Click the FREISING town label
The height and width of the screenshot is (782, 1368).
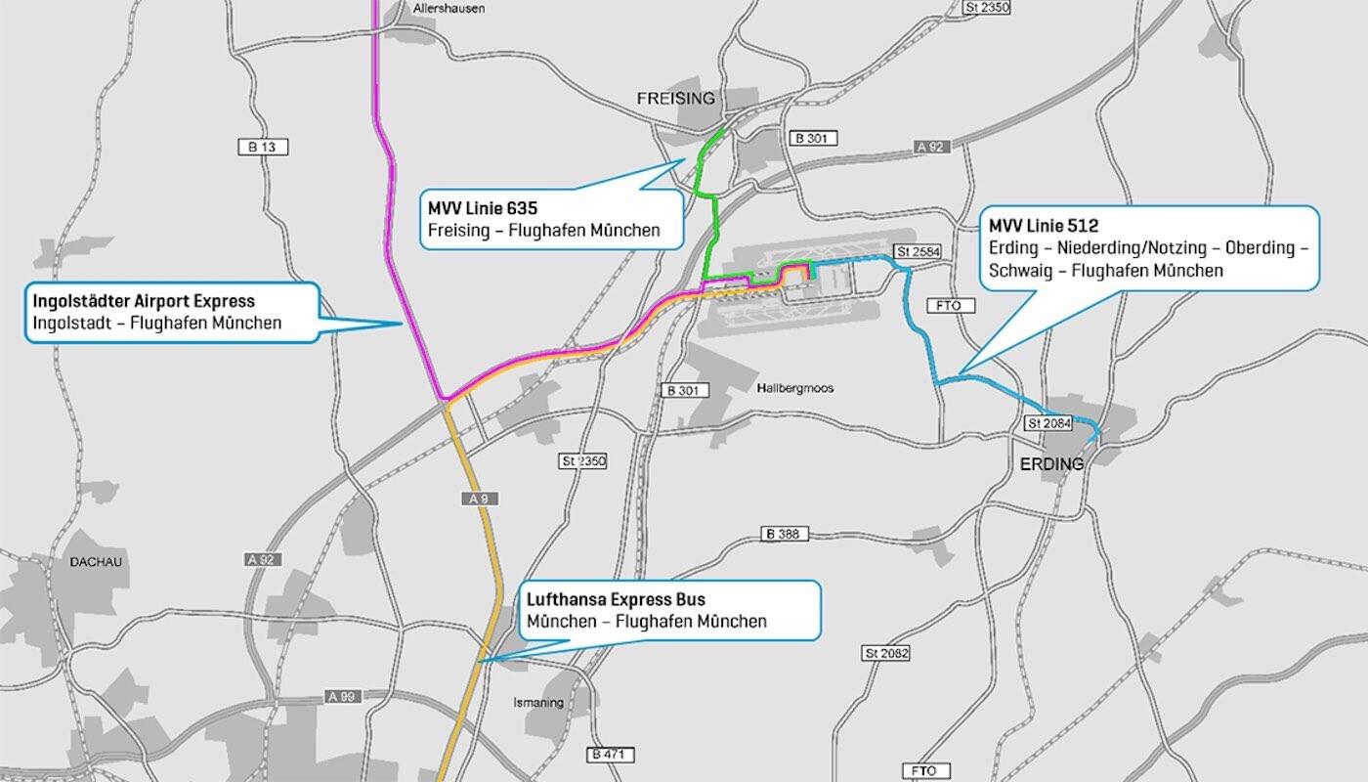coord(675,99)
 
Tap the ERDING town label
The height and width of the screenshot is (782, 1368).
coord(1051,463)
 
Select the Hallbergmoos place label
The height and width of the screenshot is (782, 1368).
coord(794,388)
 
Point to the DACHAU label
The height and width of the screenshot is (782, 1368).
coord(96,562)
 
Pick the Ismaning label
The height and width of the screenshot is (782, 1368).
coord(538,702)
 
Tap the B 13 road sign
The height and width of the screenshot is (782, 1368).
coord(262,147)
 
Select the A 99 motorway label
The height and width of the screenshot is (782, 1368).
coord(343,697)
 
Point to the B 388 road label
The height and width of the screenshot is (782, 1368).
coord(784,534)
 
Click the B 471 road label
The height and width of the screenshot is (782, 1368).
coord(612,755)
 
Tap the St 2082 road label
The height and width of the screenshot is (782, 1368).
coord(886,652)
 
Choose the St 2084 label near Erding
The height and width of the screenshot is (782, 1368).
coord(1049,423)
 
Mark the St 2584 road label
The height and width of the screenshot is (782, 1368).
coord(917,251)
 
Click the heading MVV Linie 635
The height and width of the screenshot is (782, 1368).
coord(483,208)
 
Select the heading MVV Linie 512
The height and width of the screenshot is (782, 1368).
coord(1044,226)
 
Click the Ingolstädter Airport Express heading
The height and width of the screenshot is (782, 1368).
coord(144,301)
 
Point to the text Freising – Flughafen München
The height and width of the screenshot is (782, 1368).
coord(544,231)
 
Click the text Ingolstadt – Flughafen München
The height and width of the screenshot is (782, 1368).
coord(157,323)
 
